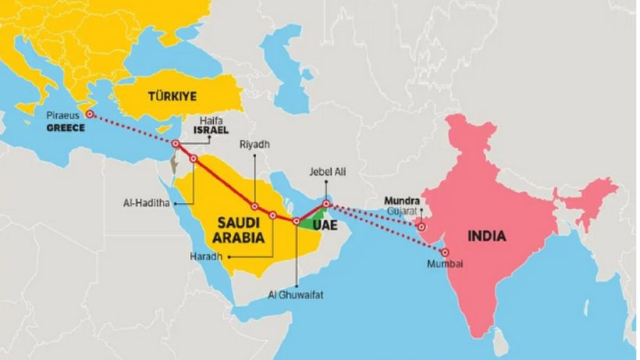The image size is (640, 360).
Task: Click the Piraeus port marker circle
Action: tap(90, 114)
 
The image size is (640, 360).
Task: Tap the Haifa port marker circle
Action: tap(176, 144)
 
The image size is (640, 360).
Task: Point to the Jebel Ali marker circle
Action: tap(327, 205)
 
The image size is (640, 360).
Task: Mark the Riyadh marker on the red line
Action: tap(254, 207)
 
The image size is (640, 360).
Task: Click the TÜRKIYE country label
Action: tap(168, 96)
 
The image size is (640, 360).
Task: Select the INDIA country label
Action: tap(486, 236)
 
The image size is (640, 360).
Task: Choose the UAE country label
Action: tap(325, 224)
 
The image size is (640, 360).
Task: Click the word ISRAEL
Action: tap(212, 131)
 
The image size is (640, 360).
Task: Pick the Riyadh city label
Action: tap(254, 144)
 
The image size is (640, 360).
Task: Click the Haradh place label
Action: tap(205, 256)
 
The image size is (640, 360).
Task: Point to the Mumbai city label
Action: tap(445, 265)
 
